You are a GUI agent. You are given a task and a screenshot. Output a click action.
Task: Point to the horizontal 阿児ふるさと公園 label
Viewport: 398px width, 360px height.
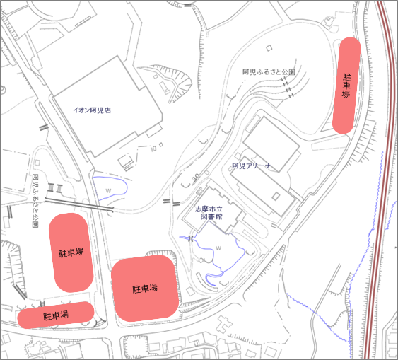tap(269, 72)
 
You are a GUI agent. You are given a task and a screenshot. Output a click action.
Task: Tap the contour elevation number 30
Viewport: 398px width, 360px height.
tap(194, 176)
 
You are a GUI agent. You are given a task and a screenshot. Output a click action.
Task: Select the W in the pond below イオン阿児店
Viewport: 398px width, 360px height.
tap(108, 191)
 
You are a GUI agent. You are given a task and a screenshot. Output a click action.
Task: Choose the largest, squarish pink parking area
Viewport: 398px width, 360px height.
tap(144, 288)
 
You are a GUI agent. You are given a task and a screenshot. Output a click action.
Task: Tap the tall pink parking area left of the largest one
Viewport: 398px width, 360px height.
tap(70, 251)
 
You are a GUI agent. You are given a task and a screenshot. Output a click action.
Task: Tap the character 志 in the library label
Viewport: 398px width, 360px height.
tap(199, 210)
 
